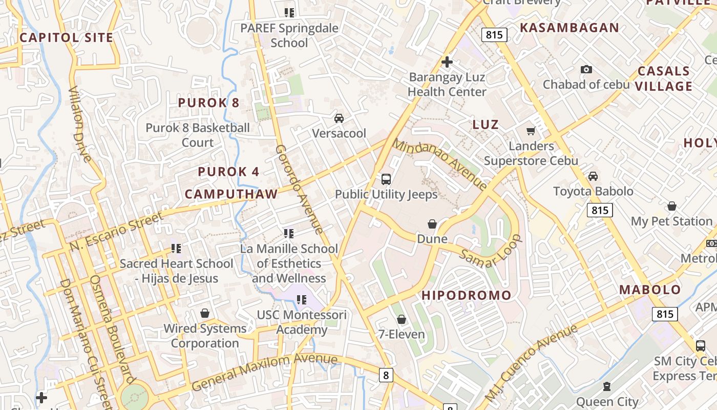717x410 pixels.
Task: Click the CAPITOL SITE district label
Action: pos(66,37)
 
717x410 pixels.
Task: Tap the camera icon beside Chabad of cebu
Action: pos(586,69)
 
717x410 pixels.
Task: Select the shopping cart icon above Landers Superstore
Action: pos(531,131)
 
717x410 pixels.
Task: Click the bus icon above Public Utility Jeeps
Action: pos(386,179)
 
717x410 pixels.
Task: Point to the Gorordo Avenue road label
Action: pos(300,189)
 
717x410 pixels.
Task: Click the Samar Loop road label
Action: pos(490,251)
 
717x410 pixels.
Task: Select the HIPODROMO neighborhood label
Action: pos(467,295)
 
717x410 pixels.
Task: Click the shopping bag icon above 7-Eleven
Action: pos(402,319)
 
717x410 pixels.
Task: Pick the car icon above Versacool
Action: pos(339,118)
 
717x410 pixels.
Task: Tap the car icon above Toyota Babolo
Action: pos(593,176)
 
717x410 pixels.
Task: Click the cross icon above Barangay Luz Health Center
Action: pos(447,62)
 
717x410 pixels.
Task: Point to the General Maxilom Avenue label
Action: pos(265,372)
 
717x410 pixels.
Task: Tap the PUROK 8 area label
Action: pos(208,102)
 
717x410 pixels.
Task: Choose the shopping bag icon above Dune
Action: pos(432,224)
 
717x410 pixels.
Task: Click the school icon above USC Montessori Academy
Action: pos(302,299)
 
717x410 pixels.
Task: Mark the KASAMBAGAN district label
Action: pos(570,28)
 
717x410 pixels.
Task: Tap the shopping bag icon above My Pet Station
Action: pos(672,206)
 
